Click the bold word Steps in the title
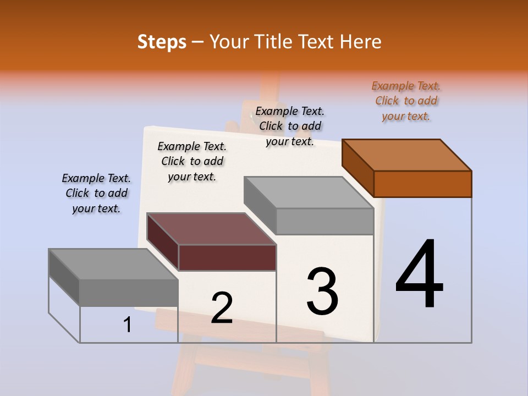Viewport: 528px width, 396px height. [x=162, y=42]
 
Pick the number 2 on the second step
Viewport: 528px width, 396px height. [x=222, y=308]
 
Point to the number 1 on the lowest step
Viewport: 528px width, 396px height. [x=127, y=325]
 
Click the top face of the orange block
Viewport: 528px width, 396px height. [x=407, y=155]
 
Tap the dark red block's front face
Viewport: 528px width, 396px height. [x=227, y=257]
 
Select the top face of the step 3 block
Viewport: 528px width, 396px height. [x=309, y=193]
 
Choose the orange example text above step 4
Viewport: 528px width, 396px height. [x=406, y=101]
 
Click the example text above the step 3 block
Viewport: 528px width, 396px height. [x=290, y=126]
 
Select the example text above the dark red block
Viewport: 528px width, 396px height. [x=192, y=161]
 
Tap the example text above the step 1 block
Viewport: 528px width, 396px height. [x=96, y=193]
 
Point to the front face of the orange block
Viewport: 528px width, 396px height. [x=422, y=184]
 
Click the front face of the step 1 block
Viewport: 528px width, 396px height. [x=129, y=292]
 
